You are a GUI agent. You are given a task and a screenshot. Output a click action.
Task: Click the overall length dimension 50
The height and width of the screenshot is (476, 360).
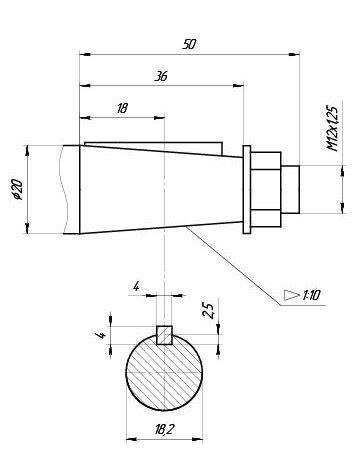(x=189, y=44)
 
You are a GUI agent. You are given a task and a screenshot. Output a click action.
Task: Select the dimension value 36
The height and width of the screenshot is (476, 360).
(x=161, y=76)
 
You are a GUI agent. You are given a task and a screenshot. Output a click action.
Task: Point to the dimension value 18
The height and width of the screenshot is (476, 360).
(x=122, y=108)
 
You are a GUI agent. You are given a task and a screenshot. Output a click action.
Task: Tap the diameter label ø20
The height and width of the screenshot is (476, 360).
(x=17, y=190)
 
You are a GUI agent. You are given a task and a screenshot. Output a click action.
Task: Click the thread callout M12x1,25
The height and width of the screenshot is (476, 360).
(x=333, y=129)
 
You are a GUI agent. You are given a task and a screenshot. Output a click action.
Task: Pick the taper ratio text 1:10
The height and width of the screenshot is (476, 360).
(x=311, y=295)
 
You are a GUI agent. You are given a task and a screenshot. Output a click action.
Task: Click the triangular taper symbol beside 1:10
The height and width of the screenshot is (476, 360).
(x=292, y=295)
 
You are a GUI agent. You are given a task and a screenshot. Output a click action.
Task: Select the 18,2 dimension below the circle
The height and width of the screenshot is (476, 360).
(x=164, y=429)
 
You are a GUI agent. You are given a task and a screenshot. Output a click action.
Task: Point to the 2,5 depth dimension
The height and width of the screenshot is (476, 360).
(x=209, y=311)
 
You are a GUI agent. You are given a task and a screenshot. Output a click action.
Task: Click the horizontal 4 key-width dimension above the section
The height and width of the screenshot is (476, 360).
(x=136, y=286)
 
